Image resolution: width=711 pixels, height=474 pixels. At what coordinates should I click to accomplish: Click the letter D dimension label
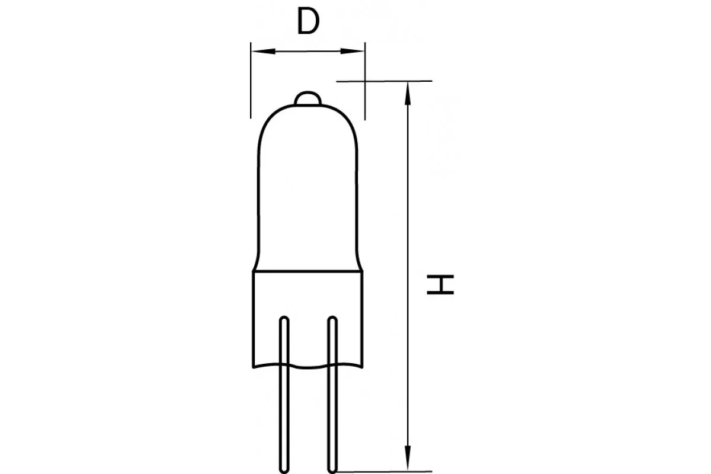pos(308,21)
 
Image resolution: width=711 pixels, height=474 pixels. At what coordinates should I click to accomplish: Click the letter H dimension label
pos(440,284)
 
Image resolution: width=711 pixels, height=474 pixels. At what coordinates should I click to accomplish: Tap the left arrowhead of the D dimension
pos(264,51)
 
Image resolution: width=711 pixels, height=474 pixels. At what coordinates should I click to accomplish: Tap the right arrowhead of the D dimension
pos(353,51)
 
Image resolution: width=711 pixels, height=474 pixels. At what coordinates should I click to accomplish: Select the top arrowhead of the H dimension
pos(408,94)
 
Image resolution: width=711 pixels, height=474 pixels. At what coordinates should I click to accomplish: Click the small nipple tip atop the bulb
pos(308,98)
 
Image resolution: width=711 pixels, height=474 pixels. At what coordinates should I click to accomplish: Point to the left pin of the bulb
pos(284,395)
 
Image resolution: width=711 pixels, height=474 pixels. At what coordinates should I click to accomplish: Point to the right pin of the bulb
pos(332,395)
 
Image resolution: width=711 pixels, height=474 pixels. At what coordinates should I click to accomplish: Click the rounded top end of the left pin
pos(284,318)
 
